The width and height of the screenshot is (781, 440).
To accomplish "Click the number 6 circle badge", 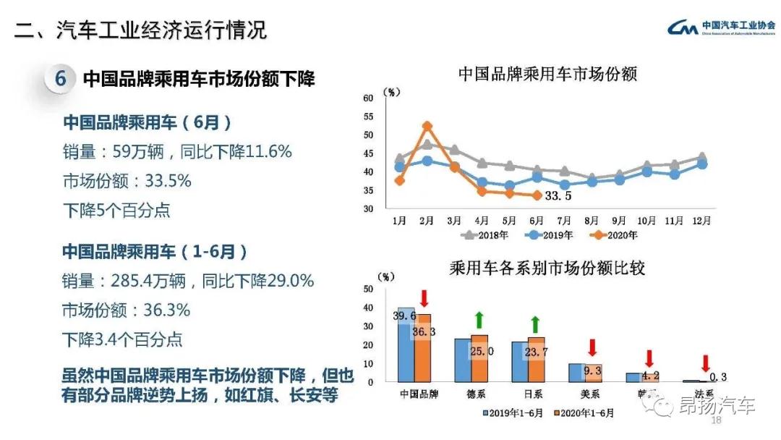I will [61, 79].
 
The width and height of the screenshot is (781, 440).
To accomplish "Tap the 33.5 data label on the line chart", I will [558, 196].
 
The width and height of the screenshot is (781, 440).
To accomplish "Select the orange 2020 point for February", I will [427, 126].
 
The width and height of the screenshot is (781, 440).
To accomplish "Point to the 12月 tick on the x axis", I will [701, 221].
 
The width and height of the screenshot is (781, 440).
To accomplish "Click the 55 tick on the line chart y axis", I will [368, 117].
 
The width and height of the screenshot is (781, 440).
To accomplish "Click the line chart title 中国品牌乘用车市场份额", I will [547, 74].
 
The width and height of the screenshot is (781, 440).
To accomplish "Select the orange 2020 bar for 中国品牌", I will [423, 347].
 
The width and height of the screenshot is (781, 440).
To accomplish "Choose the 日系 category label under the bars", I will [535, 394].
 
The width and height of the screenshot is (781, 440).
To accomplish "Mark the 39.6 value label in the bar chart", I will [404, 316].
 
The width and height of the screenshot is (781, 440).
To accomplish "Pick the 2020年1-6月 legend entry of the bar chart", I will [584, 413].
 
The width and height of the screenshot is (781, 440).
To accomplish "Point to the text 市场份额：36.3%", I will [127, 310].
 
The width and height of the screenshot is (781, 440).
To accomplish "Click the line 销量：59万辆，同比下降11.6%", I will [177, 152].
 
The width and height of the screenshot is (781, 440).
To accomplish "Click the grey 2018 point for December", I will [701, 157].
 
